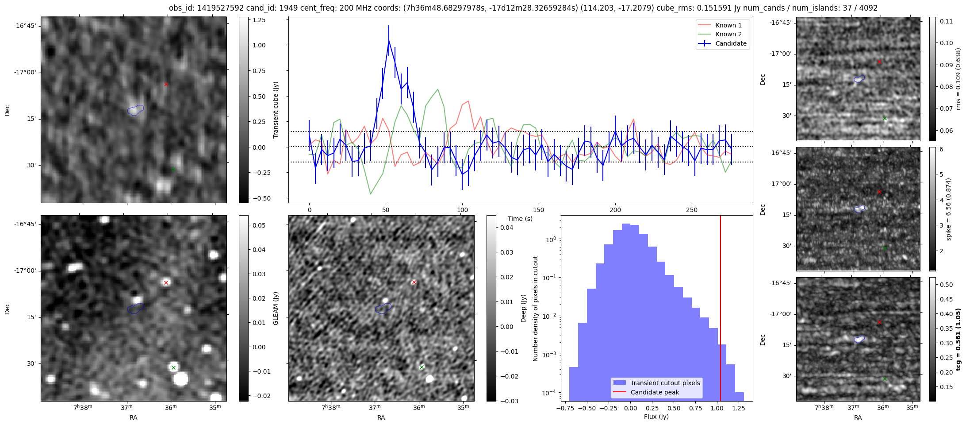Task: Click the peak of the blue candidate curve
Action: click(389, 41)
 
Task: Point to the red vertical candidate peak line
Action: click(721, 310)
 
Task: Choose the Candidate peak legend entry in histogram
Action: click(655, 392)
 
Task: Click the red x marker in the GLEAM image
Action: click(166, 282)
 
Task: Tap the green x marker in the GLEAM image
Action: click(173, 367)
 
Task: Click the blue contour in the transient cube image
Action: click(135, 110)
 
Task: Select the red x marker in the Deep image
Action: click(414, 282)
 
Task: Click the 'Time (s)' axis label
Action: click(520, 219)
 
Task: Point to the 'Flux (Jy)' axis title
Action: click(656, 417)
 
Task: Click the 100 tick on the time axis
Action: click(462, 210)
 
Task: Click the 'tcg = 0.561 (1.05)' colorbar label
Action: click(958, 339)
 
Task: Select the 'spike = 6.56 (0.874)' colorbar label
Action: click(948, 209)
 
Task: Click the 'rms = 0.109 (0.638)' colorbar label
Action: click(958, 79)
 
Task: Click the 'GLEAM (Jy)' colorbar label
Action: click(276, 308)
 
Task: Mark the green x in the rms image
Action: click(885, 118)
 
